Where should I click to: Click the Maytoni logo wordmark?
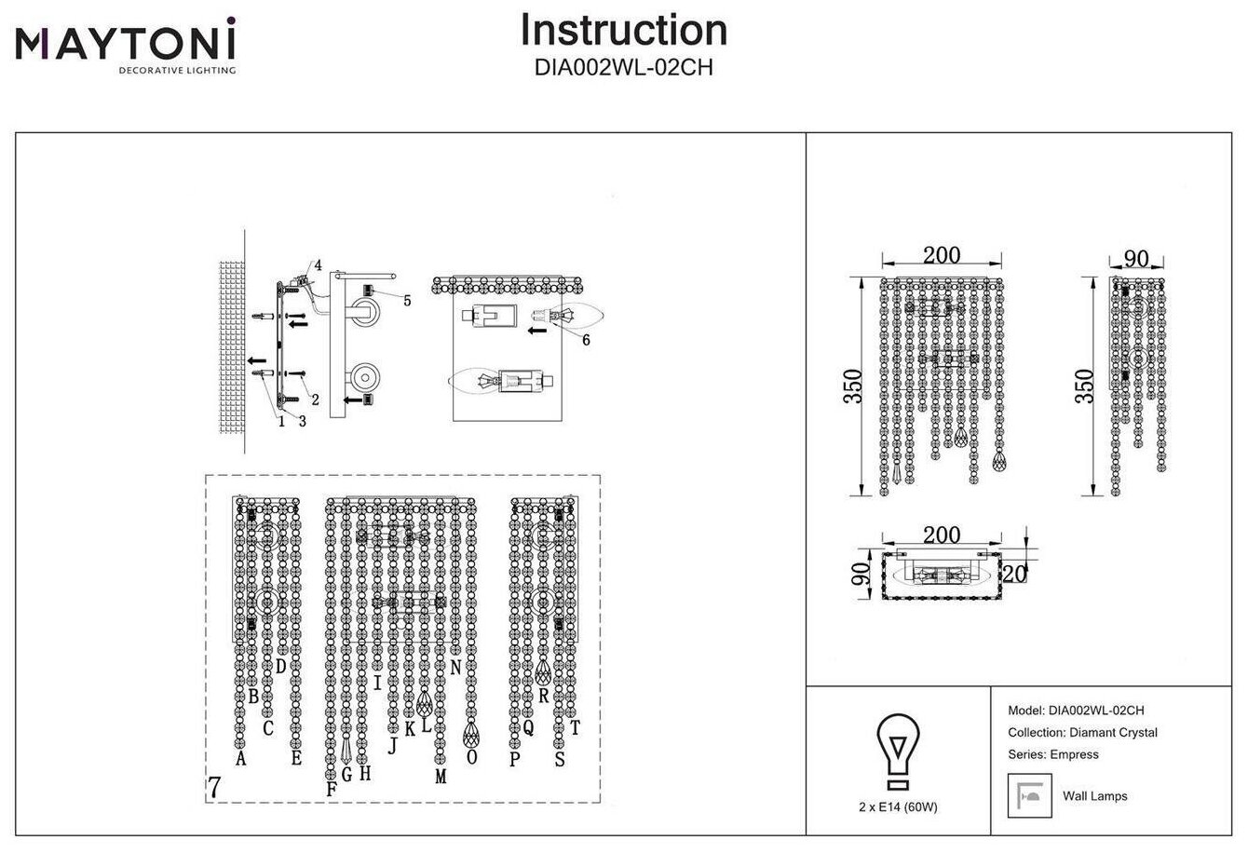coord(125,41)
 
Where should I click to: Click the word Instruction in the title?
coord(623,30)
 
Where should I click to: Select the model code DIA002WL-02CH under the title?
coord(623,68)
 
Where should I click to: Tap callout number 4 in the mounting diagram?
coord(318,265)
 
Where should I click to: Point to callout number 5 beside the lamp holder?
coord(407,300)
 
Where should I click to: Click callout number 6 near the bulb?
coord(585,341)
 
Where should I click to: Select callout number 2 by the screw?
coord(316,399)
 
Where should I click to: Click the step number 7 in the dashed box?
coord(215,788)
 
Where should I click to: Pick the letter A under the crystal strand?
coord(241,760)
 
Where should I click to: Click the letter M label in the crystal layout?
coord(441,776)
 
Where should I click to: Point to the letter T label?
coord(575,728)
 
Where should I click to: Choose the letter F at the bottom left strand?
coord(331,790)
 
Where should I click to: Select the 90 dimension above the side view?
coord(1136,259)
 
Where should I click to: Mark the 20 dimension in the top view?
coord(1015,574)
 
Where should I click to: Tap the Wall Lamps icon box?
coord(1026,795)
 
